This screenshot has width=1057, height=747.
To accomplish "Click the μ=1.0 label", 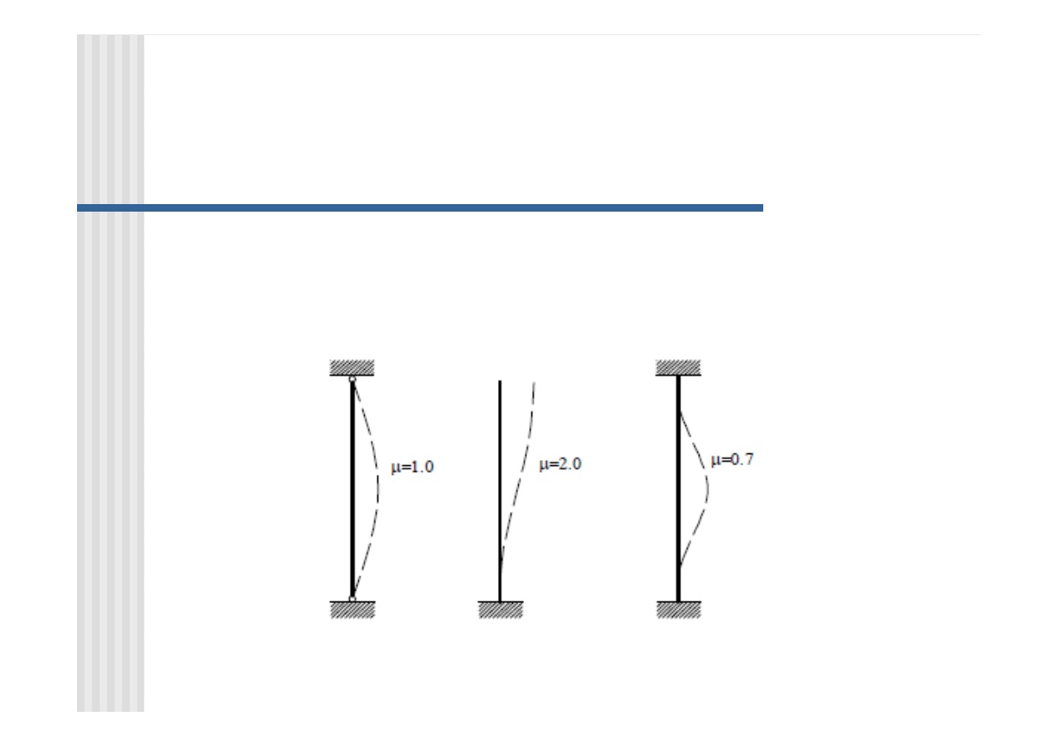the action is tap(412, 468).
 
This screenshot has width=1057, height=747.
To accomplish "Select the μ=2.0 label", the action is tap(560, 464).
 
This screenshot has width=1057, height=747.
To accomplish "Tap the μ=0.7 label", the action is tap(732, 460).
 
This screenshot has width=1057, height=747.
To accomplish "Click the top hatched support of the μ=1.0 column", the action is tap(352, 368).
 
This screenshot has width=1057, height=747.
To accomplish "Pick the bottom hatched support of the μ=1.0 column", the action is tap(352, 609).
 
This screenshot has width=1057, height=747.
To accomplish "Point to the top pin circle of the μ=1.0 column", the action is tap(352, 379).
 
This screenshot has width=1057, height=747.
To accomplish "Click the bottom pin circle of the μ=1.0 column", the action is tap(352, 600).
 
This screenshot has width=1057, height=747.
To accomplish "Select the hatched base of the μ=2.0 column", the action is tap(500, 609).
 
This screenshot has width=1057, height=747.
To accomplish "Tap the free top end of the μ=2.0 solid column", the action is tap(500, 381).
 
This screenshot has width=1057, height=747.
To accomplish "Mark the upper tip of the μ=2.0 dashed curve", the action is tap(534, 382).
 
